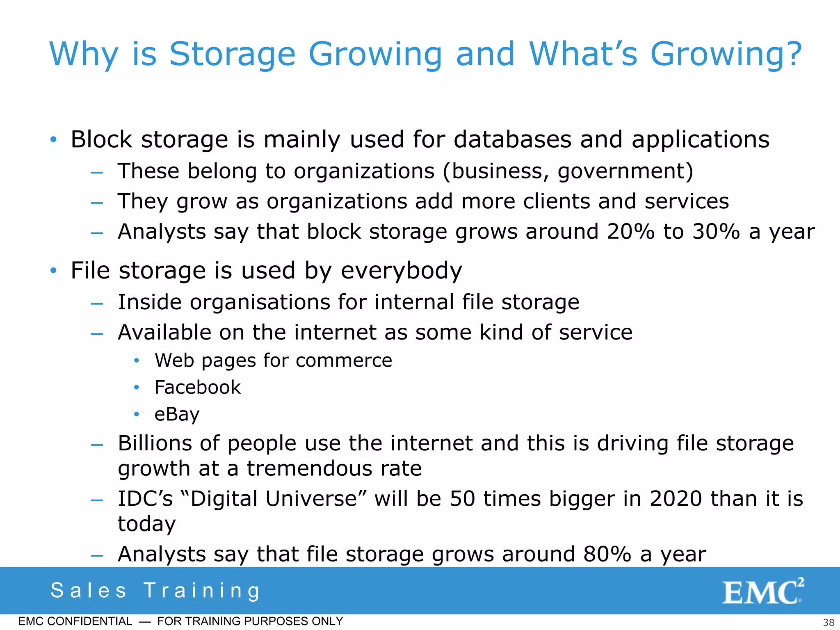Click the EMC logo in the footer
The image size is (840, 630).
click(762, 592)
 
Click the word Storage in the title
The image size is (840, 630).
click(232, 54)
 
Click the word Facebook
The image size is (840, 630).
click(197, 387)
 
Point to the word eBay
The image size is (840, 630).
click(177, 414)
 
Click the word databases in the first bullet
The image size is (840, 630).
click(512, 139)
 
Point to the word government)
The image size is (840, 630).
click(625, 171)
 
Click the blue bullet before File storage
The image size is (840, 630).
click(53, 271)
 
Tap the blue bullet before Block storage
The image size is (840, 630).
click(53, 139)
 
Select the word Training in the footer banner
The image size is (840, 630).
click(202, 591)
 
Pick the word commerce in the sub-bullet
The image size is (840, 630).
click(344, 361)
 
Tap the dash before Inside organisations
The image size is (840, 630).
click(97, 304)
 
